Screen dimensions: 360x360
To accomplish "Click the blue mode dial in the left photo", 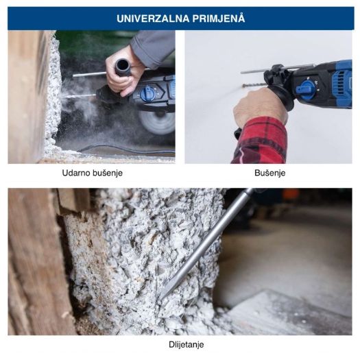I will (x=148, y=93).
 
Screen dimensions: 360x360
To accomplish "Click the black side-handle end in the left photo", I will (x=124, y=67).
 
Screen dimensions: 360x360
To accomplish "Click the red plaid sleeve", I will (x=260, y=141).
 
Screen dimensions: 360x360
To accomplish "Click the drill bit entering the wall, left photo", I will (x=79, y=95).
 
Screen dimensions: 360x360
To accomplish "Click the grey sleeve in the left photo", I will (x=154, y=48).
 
